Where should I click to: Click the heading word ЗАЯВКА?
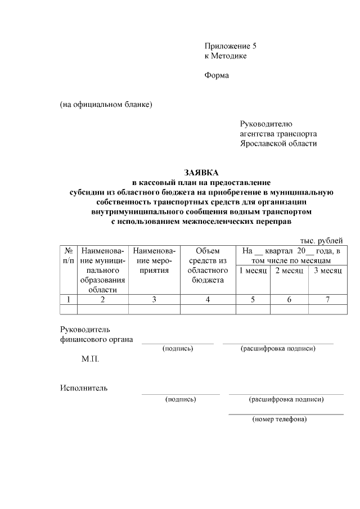201,173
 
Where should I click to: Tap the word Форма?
217,75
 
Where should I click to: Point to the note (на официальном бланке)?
106,104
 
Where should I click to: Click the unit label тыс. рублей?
321,241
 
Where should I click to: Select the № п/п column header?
68,255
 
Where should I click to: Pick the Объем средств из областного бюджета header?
208,265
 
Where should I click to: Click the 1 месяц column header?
253,271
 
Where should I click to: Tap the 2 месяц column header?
289,271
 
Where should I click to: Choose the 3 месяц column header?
327,271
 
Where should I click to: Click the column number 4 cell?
208,299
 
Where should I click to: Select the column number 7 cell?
327,299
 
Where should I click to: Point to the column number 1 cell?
68,299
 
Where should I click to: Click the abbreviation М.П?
90,358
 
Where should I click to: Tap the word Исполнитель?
84,388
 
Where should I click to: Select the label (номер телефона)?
280,419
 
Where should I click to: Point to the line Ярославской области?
278,143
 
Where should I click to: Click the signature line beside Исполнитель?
181,394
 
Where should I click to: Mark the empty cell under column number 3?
154,309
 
